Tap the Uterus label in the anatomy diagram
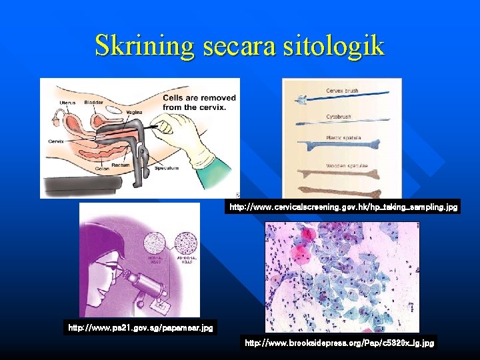(x=67, y=102)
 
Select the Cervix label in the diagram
(x=56, y=141)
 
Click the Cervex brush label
(x=343, y=90)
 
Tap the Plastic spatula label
(x=343, y=138)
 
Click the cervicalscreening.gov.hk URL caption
(x=343, y=208)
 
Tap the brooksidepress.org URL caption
(x=339, y=343)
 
